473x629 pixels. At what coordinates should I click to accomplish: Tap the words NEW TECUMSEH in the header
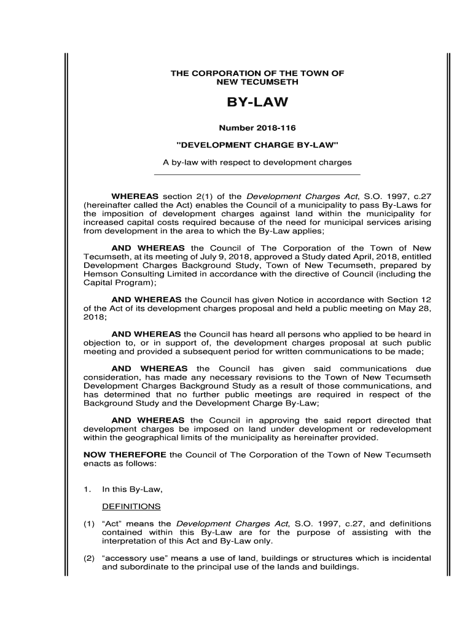[x=257, y=82]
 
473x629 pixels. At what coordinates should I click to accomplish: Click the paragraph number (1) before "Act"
[x=89, y=524]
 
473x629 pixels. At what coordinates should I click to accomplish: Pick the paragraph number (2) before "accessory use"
[x=89, y=558]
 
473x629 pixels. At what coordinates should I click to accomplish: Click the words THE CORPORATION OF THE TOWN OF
[x=257, y=73]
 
